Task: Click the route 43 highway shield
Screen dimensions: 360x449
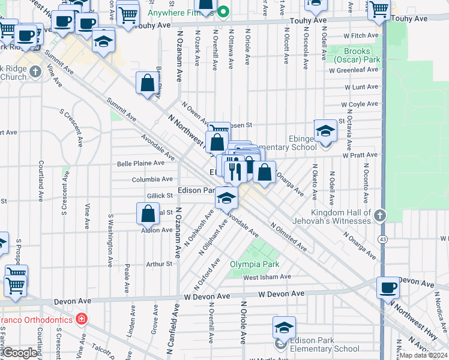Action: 382,239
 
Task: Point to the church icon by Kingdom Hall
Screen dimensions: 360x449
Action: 379,215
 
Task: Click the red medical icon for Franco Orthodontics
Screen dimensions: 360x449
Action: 82,319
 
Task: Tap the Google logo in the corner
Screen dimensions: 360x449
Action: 20,353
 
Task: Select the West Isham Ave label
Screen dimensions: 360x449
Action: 267,277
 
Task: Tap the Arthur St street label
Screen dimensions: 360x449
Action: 159,263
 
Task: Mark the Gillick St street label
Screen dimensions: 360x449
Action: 160,196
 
